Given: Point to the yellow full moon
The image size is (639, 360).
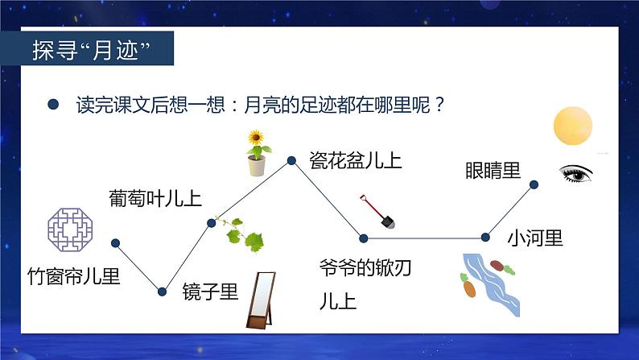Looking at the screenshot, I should click(572, 126).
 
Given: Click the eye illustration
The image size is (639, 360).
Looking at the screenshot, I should click(576, 172).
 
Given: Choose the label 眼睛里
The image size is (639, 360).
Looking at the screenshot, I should click(493, 171).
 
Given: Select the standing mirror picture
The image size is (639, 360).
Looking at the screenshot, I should click(259, 300).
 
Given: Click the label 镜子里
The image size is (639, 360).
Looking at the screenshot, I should click(210, 292).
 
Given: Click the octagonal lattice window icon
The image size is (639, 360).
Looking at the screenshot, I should click(72, 228).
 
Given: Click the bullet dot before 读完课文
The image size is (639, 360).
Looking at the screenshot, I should click(53, 106).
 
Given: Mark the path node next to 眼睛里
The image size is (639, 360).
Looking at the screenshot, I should click(534, 184).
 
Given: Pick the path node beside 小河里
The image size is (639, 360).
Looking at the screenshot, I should click(485, 237).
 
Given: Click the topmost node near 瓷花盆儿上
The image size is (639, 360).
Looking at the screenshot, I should click(292, 161).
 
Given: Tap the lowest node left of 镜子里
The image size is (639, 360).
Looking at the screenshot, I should click(162, 292).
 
